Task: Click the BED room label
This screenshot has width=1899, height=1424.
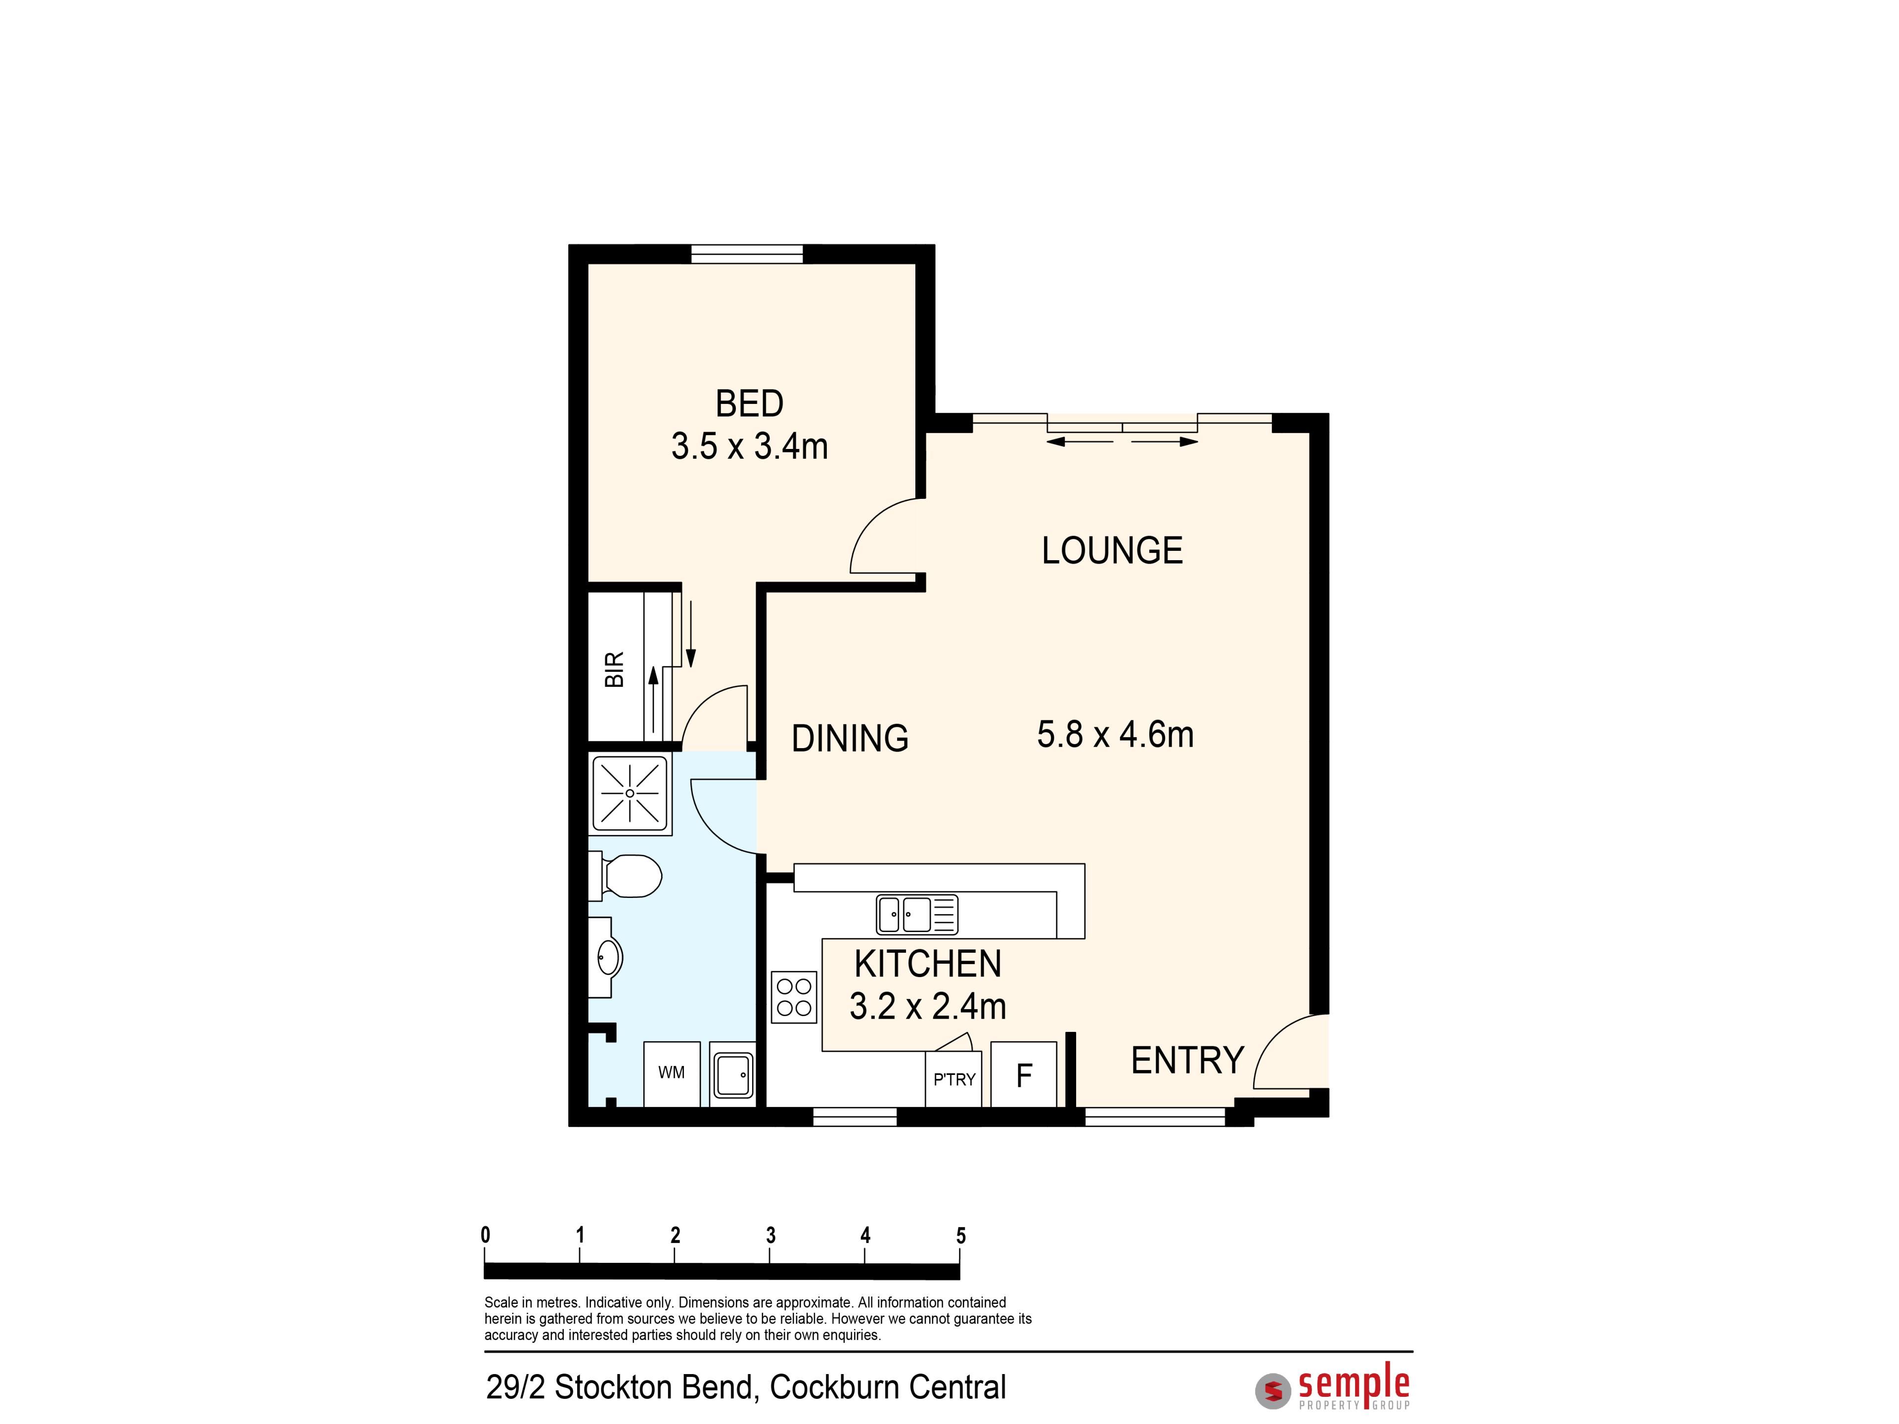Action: [750, 403]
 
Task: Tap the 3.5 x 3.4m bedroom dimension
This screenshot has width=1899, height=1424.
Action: [750, 446]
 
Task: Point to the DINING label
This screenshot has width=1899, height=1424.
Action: [850, 738]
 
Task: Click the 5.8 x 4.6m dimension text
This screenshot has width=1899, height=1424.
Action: [1115, 735]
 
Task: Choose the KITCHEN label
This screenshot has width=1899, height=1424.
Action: [928, 964]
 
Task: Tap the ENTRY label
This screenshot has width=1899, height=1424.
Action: [1187, 1061]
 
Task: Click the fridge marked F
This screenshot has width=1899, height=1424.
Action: [1023, 1074]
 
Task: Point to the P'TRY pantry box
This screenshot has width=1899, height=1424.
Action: [954, 1079]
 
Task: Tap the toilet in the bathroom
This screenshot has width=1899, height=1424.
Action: [626, 876]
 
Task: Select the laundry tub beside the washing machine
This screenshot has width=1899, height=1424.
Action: [732, 1074]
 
